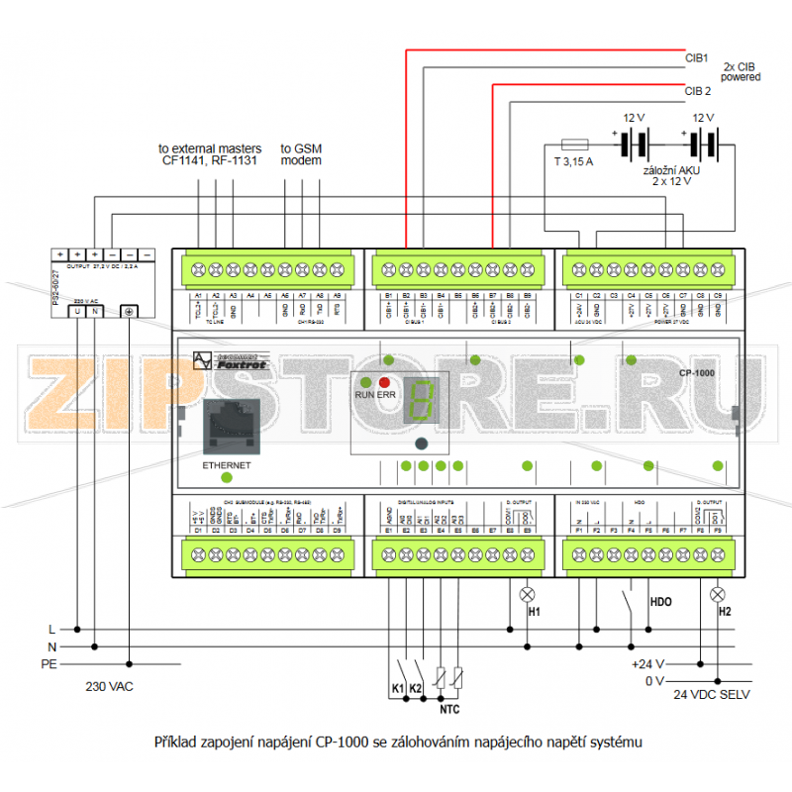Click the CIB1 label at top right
tap(697, 58)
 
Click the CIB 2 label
tap(698, 91)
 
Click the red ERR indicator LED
tap(384, 381)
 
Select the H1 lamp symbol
tap(528, 594)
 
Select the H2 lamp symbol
tap(719, 594)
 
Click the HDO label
tap(660, 601)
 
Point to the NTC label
tap(449, 709)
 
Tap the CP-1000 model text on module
tap(697, 373)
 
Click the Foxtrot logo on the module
tap(236, 362)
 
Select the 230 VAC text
tap(111, 686)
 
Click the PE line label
tap(48, 663)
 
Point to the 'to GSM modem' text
tap(302, 153)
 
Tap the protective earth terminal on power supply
tap(129, 312)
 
